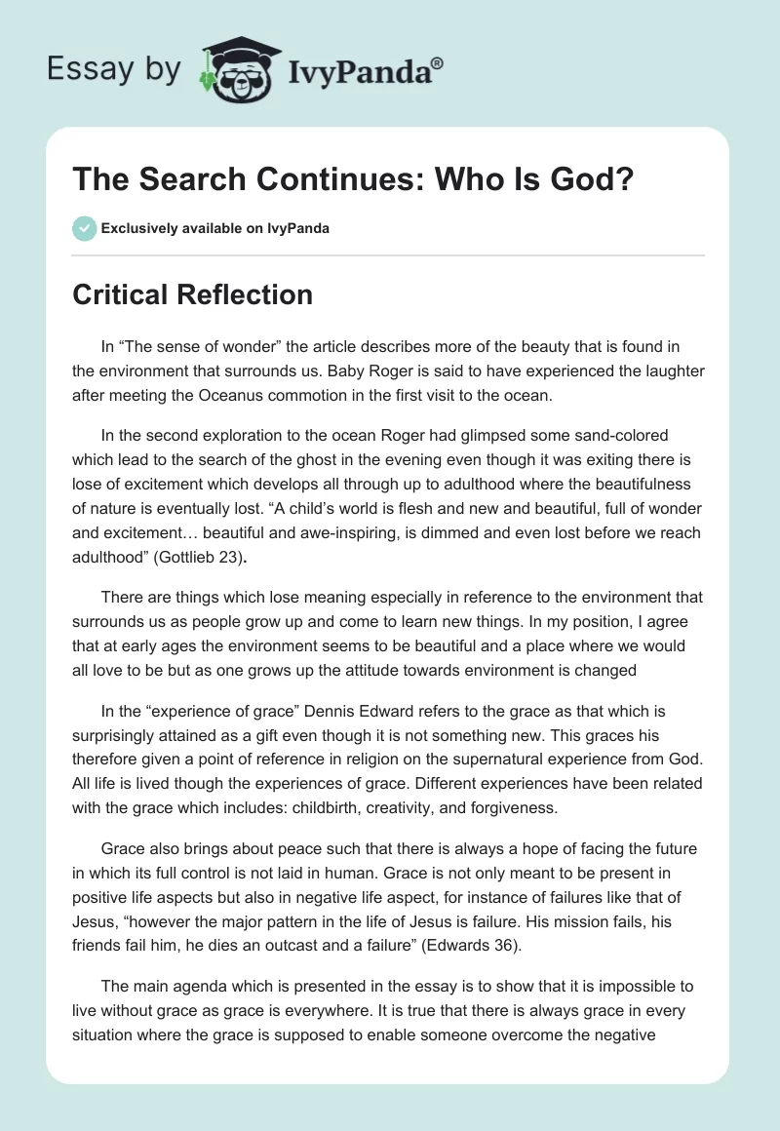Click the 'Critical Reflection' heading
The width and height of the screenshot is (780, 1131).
(192, 293)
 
